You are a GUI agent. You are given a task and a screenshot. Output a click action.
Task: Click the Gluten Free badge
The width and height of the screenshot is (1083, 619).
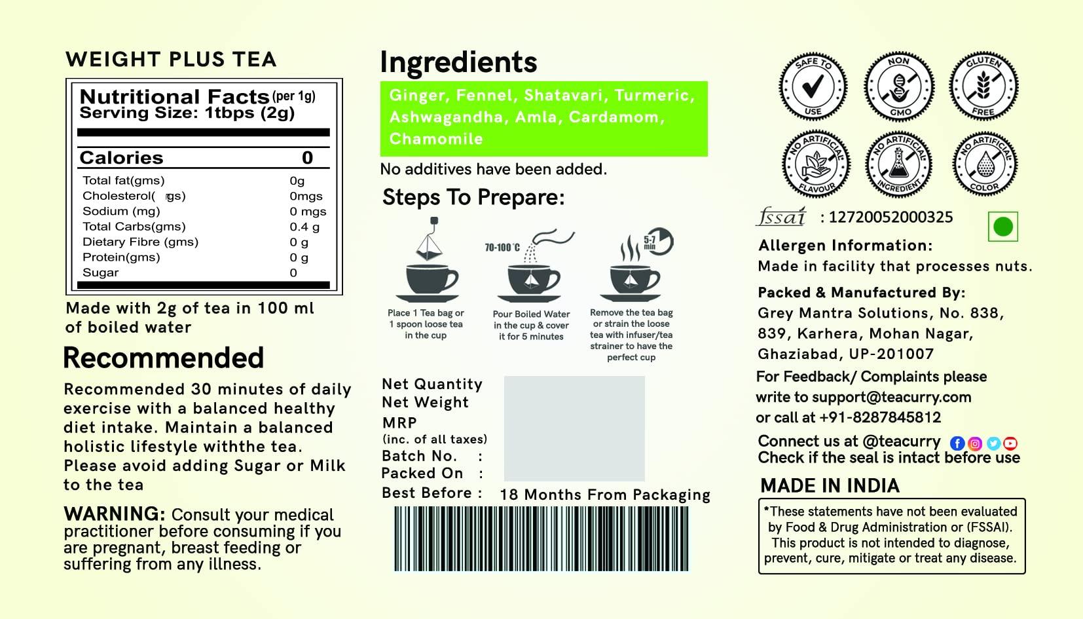point(983,86)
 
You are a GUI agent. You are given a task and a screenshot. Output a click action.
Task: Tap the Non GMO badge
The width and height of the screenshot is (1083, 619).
point(898,87)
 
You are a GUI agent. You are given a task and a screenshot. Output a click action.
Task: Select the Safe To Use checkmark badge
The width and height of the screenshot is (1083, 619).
point(813,87)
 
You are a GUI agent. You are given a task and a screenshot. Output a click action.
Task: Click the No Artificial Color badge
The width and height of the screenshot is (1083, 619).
point(984,164)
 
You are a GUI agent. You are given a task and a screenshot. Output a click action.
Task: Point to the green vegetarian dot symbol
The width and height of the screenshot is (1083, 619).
point(1002,227)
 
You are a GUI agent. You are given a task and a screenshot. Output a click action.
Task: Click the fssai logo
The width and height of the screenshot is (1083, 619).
point(781,217)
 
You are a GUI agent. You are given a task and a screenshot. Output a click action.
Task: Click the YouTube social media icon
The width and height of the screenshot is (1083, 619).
point(1010,443)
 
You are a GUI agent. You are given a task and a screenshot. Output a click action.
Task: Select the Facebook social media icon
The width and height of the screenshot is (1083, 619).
point(957,443)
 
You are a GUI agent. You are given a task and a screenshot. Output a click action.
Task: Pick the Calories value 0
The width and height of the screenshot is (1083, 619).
point(307,158)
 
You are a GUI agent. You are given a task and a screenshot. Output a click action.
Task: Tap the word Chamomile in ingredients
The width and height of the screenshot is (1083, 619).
point(436,139)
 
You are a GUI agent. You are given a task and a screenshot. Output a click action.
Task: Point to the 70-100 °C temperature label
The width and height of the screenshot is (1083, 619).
point(502,248)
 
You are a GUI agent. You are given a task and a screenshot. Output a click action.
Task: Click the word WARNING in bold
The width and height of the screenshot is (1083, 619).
point(114,514)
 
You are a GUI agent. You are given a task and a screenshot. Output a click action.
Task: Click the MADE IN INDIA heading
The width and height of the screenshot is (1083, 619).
point(830,485)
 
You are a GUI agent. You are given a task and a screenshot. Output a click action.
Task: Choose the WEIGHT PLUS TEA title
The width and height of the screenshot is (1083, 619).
point(171,60)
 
